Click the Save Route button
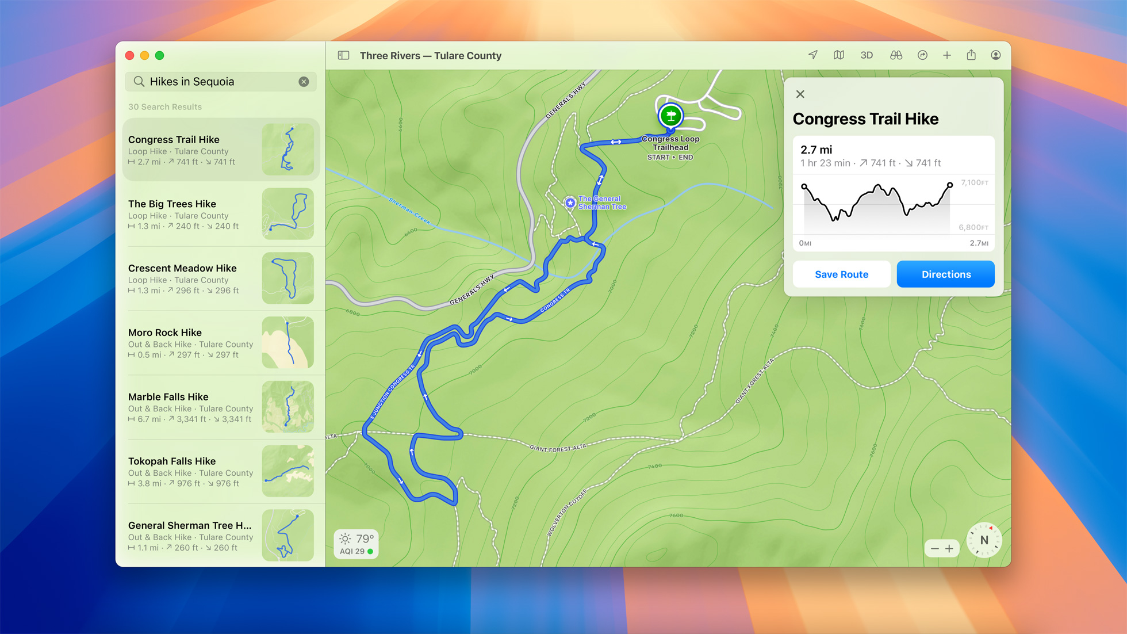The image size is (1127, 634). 841,274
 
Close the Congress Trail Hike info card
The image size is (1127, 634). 800,94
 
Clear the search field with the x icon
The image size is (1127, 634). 304,82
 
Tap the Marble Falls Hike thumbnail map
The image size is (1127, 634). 287,407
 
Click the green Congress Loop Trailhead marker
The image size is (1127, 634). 670,116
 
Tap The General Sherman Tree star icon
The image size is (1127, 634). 570,203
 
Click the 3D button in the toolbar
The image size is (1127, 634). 866,56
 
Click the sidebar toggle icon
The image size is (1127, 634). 343,56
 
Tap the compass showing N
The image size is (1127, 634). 984,540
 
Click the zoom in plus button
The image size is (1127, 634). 949,548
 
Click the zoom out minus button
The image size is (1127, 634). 934,548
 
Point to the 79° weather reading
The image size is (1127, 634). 365,538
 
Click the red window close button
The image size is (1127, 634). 130,56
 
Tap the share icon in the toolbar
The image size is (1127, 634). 971,55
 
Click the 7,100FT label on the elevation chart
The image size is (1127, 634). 974,183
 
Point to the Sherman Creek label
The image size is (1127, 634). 409,211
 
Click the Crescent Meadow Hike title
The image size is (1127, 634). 182,268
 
